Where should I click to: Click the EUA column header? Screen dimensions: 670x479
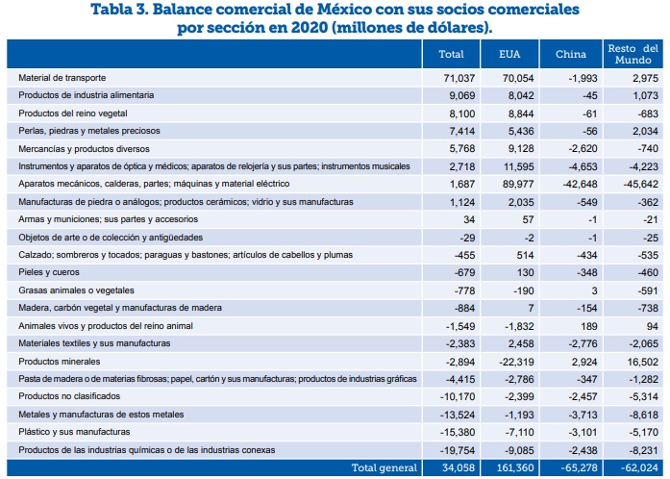click(x=509, y=54)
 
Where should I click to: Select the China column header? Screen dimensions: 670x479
click(x=571, y=54)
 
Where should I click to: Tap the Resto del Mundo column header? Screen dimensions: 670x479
click(x=633, y=54)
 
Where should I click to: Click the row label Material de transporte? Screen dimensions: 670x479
click(x=62, y=78)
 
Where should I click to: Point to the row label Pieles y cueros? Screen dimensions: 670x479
click(x=49, y=272)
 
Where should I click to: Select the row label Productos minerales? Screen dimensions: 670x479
click(x=60, y=362)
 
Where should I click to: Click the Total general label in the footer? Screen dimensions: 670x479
click(x=385, y=467)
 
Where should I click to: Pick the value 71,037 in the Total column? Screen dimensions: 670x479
click(x=459, y=78)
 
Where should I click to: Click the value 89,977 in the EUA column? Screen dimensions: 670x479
click(x=518, y=184)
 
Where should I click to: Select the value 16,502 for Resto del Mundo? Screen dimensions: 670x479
click(x=642, y=362)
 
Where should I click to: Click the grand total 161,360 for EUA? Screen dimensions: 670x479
click(x=515, y=467)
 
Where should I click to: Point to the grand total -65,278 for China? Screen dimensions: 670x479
click(x=577, y=467)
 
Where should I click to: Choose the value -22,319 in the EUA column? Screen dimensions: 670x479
click(x=516, y=362)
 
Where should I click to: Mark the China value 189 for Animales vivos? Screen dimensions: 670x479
click(x=589, y=326)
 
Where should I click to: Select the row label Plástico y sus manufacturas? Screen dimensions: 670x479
click(x=74, y=432)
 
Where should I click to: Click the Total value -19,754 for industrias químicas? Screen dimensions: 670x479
click(x=458, y=450)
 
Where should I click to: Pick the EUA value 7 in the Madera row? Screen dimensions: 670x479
click(x=531, y=309)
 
